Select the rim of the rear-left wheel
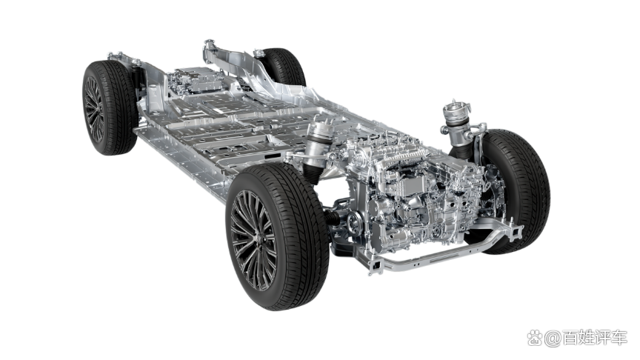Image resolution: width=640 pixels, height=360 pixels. point(94,109)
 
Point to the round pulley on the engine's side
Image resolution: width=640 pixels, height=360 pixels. point(354,222)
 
